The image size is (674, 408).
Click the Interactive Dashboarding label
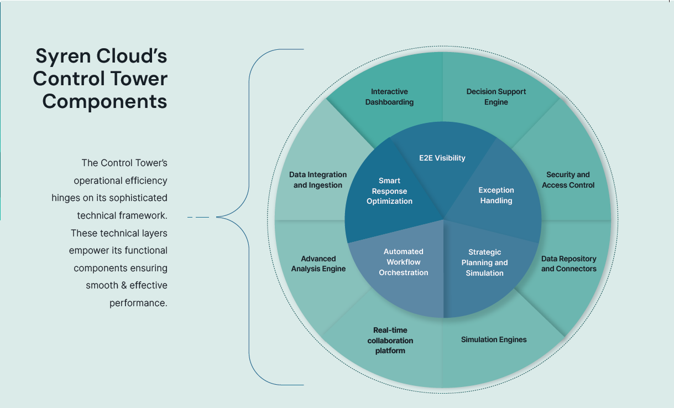point(389,97)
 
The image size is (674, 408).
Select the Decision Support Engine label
point(496,97)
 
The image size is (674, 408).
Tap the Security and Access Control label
point(568,180)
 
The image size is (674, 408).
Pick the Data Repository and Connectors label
point(568,264)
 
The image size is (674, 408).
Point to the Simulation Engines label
point(494,339)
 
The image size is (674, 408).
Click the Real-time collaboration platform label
point(390,340)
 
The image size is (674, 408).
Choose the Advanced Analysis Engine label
point(318,264)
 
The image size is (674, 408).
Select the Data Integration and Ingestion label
point(318,180)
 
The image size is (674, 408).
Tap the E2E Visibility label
point(442,158)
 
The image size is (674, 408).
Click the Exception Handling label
point(496,195)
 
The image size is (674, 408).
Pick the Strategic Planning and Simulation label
point(484,262)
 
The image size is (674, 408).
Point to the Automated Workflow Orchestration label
point(403,262)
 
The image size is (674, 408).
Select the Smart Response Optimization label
point(389,191)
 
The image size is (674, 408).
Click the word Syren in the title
point(61,56)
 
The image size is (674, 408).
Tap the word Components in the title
point(105,101)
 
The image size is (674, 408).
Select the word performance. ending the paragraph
point(138,303)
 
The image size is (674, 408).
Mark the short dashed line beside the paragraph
point(198,218)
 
